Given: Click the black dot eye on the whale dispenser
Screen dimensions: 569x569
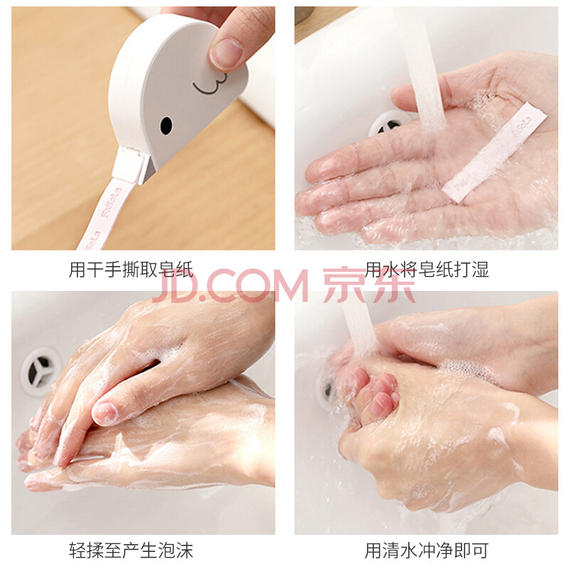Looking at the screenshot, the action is tap(166, 126).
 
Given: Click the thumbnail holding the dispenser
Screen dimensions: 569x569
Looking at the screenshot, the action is tap(225, 53).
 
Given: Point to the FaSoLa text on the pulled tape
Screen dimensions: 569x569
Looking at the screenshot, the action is tap(111, 202).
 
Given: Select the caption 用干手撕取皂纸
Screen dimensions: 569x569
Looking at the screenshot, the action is tap(131, 270).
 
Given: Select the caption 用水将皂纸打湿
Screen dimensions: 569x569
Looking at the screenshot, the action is tap(427, 270).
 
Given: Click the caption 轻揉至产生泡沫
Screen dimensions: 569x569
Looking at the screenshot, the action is tap(131, 551).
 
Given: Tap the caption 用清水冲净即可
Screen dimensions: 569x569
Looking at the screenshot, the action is tap(427, 551).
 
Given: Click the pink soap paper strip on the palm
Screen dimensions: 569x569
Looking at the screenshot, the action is tap(495, 152).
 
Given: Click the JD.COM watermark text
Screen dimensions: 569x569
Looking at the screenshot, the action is tap(230, 287).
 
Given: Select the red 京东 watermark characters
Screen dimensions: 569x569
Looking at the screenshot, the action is tap(369, 286).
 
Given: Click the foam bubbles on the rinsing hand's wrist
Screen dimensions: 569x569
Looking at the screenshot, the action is tap(468, 371).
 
